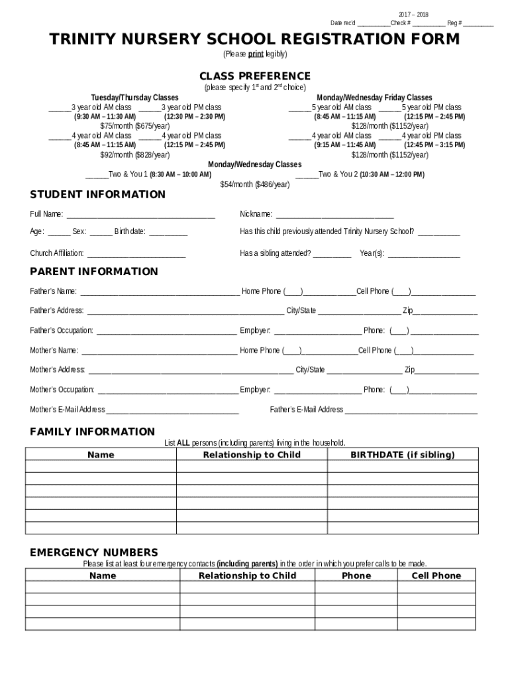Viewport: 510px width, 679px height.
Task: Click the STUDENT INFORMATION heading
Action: (x=98, y=194)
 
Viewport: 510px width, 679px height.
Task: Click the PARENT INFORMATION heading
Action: (x=94, y=271)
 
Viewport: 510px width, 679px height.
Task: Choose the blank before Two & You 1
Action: (x=97, y=176)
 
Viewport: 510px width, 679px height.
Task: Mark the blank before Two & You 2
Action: (x=307, y=176)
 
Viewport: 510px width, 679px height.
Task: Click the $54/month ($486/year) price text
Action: (x=255, y=185)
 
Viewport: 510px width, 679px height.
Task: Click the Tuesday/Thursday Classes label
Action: (x=135, y=97)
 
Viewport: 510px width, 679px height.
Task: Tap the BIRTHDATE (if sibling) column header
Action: (x=403, y=455)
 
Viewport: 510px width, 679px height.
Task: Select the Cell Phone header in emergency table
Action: (x=436, y=576)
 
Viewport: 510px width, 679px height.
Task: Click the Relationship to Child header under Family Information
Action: (x=252, y=455)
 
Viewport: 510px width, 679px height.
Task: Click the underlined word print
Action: (x=256, y=54)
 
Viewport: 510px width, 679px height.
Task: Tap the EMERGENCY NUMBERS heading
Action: (x=94, y=552)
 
